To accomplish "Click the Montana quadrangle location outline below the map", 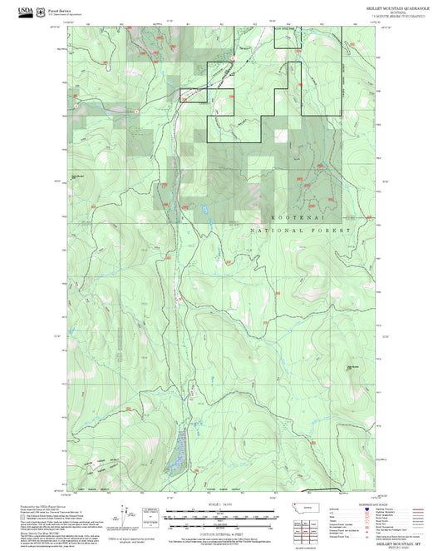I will (x=312, y=507).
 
